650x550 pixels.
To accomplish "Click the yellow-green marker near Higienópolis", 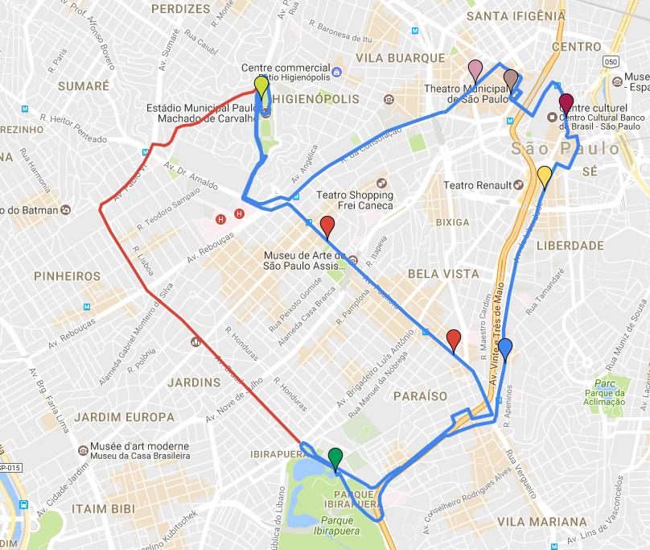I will pos(261,86).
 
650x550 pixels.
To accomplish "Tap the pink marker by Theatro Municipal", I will pos(475,70).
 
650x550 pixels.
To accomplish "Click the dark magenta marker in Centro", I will pos(566,103).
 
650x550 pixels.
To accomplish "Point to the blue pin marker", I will pos(505,349).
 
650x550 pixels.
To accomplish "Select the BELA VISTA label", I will pos(443,274).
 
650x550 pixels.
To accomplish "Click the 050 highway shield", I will pos(612,61).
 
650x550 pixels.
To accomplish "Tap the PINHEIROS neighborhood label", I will pos(68,276).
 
